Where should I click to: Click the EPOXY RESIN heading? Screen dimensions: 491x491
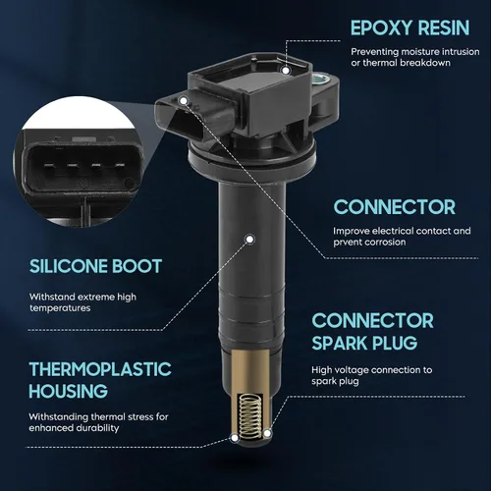click(x=409, y=27)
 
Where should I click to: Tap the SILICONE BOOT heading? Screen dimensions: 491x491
click(x=95, y=266)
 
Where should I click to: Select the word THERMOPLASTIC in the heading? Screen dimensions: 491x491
click(x=100, y=369)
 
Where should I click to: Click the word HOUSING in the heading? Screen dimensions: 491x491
click(x=68, y=391)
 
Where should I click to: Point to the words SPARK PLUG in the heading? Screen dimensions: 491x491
click(x=364, y=343)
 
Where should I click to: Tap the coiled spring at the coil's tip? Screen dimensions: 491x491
click(x=251, y=416)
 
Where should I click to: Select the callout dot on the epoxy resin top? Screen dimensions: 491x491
click(x=286, y=71)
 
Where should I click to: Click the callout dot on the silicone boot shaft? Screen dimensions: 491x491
click(x=249, y=240)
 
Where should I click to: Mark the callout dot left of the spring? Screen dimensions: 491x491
click(x=235, y=438)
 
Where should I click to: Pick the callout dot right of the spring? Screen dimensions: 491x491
click(x=267, y=434)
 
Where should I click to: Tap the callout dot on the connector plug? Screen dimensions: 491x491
click(x=184, y=100)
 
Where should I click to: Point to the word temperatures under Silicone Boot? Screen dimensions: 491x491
click(x=60, y=308)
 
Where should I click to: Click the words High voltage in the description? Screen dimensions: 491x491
click(x=340, y=370)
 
